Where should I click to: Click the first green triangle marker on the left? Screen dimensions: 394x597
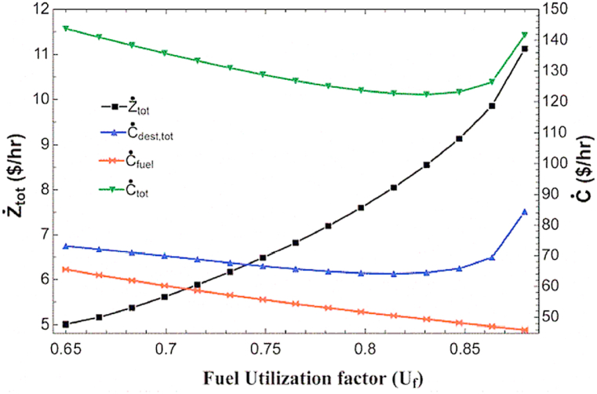point(67,28)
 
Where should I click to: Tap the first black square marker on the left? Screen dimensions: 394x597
point(67,324)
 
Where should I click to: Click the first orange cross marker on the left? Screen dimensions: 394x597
point(67,269)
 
